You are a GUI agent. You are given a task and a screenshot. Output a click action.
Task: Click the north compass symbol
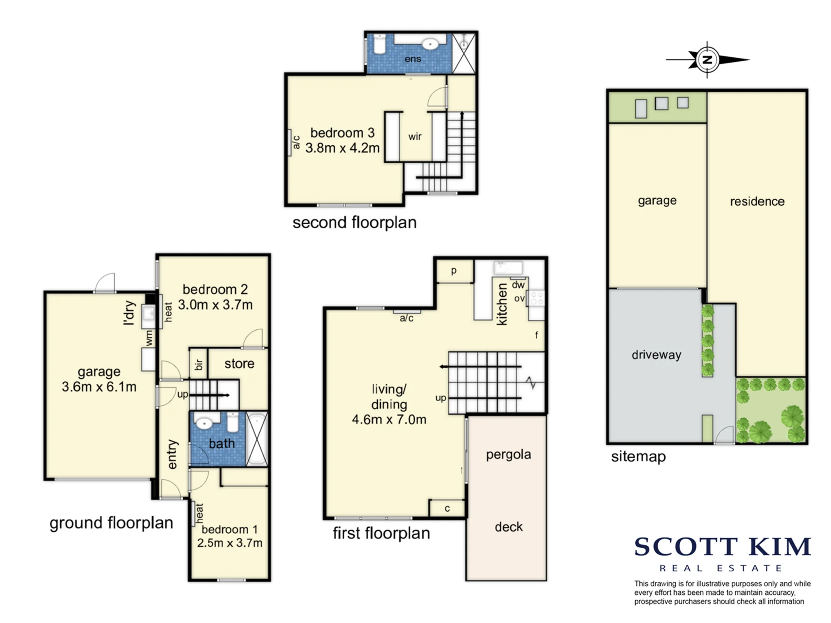click(707, 59)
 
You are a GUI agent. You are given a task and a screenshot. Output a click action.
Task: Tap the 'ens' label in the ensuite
click(413, 59)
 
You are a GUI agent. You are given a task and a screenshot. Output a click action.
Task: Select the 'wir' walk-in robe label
click(415, 137)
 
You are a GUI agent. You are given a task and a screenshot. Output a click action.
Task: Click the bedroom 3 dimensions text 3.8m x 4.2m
click(342, 148)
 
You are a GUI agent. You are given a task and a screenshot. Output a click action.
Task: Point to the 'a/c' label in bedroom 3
click(296, 142)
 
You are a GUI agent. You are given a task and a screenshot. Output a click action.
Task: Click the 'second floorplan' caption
click(354, 223)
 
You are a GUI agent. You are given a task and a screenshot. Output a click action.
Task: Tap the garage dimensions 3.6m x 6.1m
click(99, 387)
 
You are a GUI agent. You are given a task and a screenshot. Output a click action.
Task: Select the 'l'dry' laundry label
click(130, 312)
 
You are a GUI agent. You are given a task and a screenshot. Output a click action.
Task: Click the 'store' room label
click(239, 364)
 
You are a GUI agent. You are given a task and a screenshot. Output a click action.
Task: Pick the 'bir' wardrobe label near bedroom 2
click(199, 365)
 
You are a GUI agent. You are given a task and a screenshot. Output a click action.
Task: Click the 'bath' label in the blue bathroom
click(222, 444)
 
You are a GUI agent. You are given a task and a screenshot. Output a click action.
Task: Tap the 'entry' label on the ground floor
click(172, 454)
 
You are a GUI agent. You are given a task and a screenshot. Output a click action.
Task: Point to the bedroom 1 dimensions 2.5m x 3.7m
click(230, 543)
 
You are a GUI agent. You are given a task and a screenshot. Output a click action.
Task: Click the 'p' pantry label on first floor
click(454, 271)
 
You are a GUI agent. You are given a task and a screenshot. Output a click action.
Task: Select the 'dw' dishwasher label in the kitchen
click(518, 285)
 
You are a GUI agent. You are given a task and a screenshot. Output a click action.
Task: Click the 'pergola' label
click(509, 455)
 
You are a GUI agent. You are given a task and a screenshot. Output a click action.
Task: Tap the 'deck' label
click(509, 527)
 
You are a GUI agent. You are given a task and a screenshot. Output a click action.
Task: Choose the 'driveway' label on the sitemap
click(656, 355)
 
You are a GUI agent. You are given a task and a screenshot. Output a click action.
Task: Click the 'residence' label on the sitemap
click(757, 201)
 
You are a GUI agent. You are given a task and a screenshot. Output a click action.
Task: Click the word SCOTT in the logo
click(686, 547)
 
